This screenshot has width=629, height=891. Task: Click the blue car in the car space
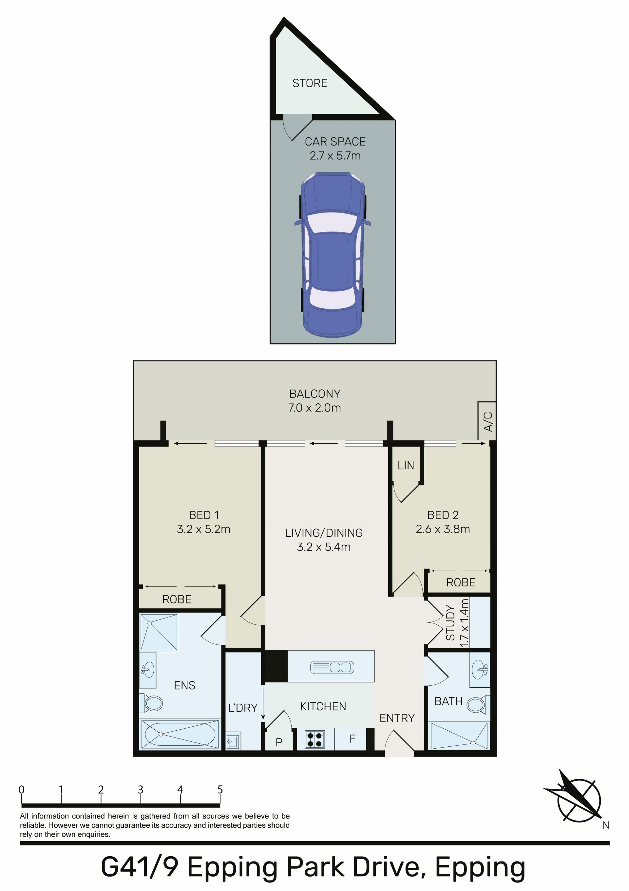[332, 254]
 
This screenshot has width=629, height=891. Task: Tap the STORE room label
[310, 83]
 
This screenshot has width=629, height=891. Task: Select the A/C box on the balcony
[487, 421]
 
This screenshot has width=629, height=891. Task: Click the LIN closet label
[406, 465]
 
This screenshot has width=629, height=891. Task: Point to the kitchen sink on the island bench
[332, 667]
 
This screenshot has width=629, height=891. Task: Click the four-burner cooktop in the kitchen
[314, 739]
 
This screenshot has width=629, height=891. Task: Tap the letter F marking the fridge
[352, 739]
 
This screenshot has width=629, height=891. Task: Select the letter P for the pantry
[279, 742]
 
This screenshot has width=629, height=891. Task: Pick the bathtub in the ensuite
[180, 734]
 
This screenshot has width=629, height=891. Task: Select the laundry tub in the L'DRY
[234, 741]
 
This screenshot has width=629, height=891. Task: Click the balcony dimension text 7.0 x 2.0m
[314, 408]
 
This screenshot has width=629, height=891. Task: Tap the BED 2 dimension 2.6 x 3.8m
[443, 529]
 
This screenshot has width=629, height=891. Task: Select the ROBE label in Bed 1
[177, 599]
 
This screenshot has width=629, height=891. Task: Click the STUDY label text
[450, 623]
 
